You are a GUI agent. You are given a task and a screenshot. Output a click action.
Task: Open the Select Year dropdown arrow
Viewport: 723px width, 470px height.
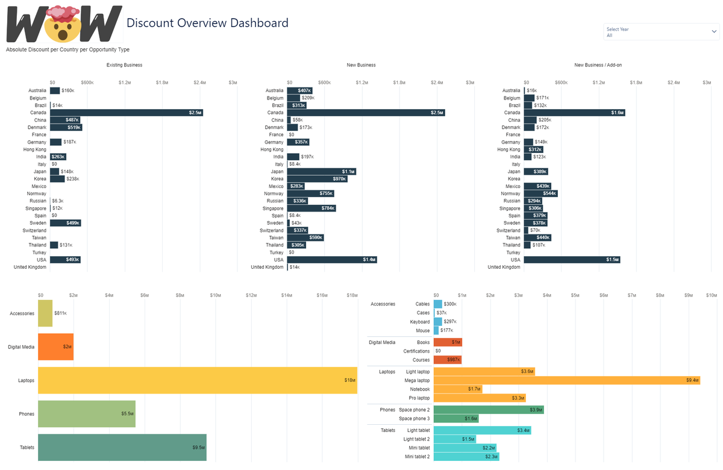click(x=714, y=31)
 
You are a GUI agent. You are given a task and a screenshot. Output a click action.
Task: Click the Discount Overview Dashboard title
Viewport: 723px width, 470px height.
click(x=207, y=23)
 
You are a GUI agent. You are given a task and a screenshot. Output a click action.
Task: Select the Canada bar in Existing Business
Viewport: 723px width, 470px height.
click(x=127, y=113)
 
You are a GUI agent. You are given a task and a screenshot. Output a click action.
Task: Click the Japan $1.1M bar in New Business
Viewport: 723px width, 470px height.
click(x=322, y=172)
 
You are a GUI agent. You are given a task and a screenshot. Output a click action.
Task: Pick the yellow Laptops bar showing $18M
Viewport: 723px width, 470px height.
click(x=197, y=380)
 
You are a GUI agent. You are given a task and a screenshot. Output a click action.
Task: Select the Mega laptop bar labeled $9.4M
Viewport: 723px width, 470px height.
click(x=566, y=380)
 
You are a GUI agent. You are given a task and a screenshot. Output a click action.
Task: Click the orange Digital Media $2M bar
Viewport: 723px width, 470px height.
click(x=55, y=347)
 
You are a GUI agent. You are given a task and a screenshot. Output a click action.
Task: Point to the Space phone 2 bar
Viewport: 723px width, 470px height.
click(x=488, y=410)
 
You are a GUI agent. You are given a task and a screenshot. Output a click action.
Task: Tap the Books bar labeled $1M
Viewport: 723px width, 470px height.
click(x=448, y=342)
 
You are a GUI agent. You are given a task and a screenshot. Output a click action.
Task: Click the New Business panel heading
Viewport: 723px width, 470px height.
click(x=361, y=65)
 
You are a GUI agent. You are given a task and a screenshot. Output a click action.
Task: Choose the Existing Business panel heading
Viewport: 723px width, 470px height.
click(x=124, y=65)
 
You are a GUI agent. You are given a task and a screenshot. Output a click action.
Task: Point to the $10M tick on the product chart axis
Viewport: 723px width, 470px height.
click(x=711, y=295)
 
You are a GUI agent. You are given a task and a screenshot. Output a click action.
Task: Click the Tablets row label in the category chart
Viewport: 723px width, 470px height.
click(x=27, y=447)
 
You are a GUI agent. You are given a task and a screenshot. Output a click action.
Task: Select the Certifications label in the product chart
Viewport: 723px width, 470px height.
click(x=416, y=351)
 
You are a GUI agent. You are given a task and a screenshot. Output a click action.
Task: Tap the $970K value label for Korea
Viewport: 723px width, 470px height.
click(x=340, y=179)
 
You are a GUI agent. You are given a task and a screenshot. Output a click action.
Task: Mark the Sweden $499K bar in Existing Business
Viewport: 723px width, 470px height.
click(x=65, y=223)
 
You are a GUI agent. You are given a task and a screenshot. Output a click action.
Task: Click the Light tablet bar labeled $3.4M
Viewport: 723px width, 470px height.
click(x=482, y=430)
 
